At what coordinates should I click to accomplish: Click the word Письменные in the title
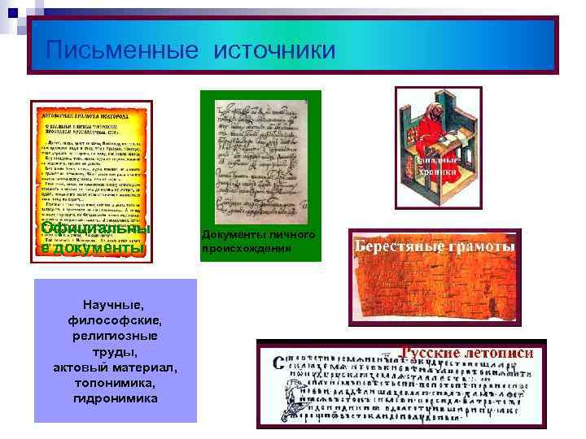[122, 50]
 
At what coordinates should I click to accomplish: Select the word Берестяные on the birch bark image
[396, 246]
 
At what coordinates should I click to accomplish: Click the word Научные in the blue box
[115, 305]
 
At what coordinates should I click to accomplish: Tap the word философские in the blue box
[115, 320]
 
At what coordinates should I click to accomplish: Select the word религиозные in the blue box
[115, 336]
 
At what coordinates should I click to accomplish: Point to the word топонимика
[115, 382]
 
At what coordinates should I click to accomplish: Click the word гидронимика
[115, 398]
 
